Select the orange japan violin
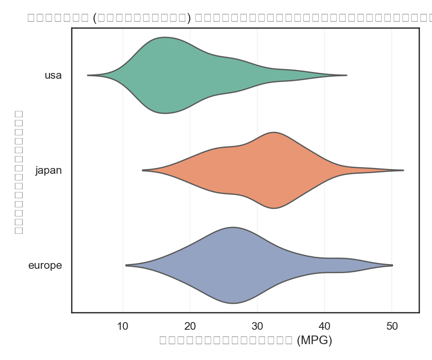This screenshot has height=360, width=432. point(269,170)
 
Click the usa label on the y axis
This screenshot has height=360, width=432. point(53,75)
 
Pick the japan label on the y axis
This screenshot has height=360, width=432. point(48,170)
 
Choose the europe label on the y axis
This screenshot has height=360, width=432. point(45,265)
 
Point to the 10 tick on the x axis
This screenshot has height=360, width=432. point(123,326)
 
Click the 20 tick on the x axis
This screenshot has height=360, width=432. point(190,326)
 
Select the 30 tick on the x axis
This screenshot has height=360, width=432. point(257,326)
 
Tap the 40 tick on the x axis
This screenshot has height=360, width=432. point(324,326)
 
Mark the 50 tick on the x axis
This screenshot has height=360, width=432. point(392,326)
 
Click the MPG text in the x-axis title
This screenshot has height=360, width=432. point(314,340)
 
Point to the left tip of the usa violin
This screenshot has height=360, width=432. point(88,75)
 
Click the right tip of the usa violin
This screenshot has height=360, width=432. point(346,75)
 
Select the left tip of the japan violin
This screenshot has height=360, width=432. point(143,170)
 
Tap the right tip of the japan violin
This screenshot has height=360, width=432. point(403,170)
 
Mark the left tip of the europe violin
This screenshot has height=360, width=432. point(126,265)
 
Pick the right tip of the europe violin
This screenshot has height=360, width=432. point(392,265)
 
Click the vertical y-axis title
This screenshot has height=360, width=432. point(19,172)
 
